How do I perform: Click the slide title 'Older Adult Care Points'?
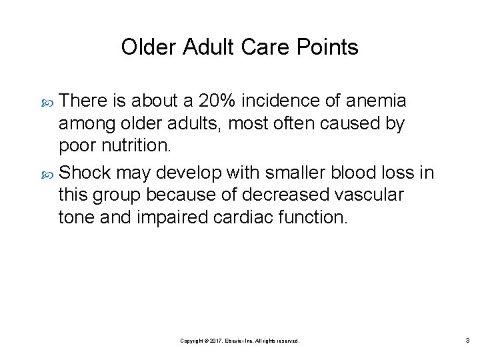[x=239, y=47]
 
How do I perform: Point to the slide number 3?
[x=467, y=340]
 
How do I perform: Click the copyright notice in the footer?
[x=240, y=341]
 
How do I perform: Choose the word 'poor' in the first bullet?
[x=77, y=145]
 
